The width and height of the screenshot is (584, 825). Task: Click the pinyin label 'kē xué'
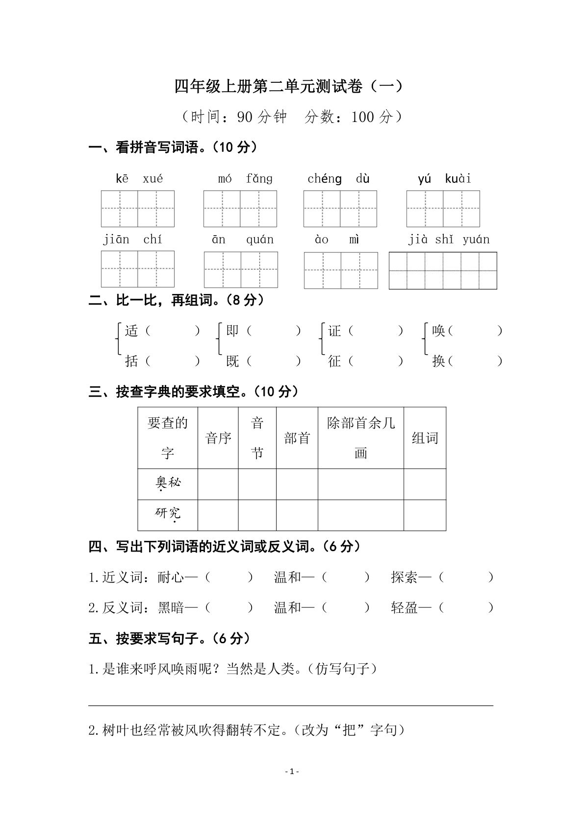[139, 179]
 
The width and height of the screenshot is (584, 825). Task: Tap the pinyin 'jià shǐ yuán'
[449, 240]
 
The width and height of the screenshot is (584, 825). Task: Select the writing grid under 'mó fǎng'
[240, 209]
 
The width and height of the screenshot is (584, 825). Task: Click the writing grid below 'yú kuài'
[443, 209]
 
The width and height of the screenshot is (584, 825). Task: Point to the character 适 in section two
[131, 331]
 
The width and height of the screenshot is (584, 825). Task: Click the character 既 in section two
[232, 362]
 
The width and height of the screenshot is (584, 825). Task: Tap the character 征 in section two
[334, 362]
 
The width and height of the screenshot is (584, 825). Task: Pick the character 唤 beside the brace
[438, 331]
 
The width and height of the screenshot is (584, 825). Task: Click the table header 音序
[218, 438]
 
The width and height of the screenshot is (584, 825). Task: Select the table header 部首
[297, 438]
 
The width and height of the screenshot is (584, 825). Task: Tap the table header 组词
[425, 438]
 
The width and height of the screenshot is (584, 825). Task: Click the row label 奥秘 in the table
[168, 483]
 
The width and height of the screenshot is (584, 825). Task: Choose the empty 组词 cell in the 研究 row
[425, 515]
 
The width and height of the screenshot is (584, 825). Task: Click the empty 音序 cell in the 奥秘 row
[218, 484]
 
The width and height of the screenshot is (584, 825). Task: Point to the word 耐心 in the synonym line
[171, 578]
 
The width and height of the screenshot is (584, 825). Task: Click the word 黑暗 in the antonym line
[171, 608]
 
